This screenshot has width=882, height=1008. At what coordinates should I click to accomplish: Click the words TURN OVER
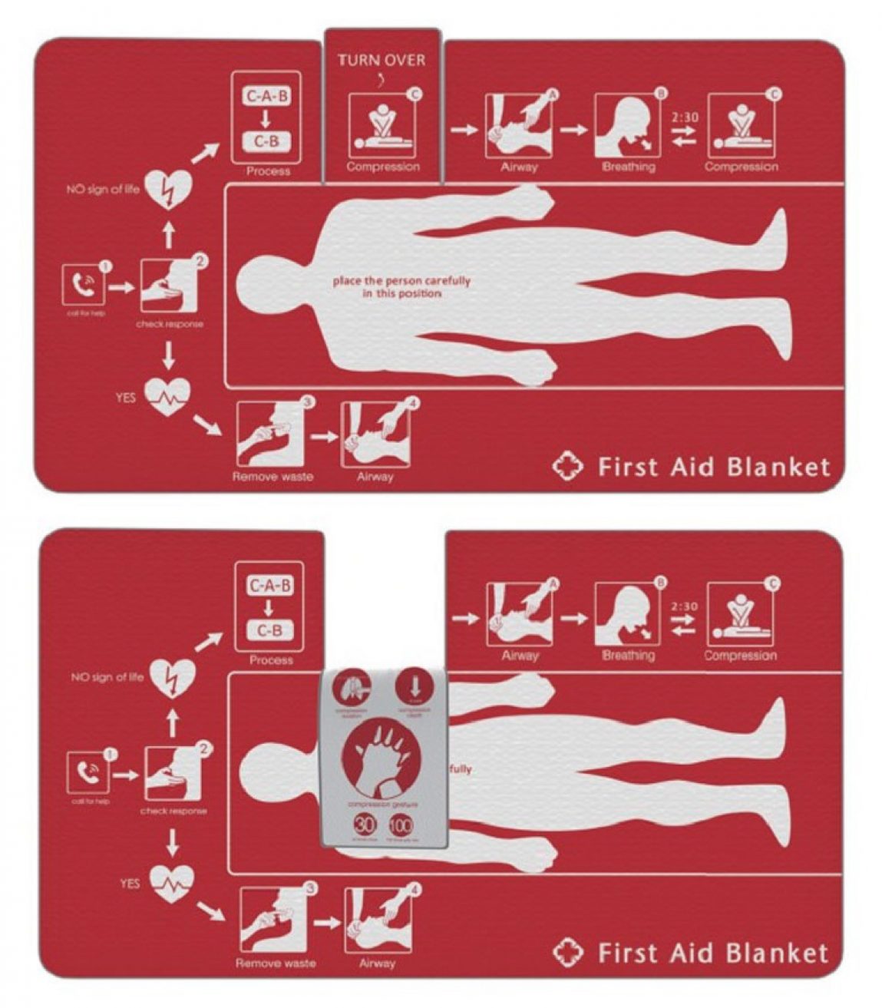pyautogui.click(x=382, y=60)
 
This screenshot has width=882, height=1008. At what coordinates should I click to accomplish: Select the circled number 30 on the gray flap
pyautogui.click(x=364, y=825)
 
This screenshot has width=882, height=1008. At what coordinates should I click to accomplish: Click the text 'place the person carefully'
pyautogui.click(x=401, y=281)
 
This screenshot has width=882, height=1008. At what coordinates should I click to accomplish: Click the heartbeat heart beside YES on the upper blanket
pyautogui.click(x=167, y=396)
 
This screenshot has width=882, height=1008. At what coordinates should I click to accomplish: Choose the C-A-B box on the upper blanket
pyautogui.click(x=267, y=97)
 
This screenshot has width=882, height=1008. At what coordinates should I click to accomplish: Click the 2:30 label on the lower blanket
pyautogui.click(x=683, y=606)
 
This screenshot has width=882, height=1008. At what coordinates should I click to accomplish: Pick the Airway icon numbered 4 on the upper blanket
pyautogui.click(x=375, y=435)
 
